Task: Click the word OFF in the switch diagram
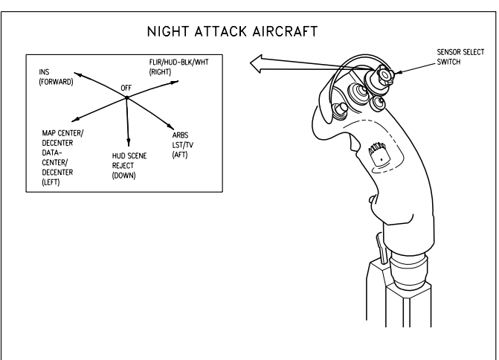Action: click(126, 88)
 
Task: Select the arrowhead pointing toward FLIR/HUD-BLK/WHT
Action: click(175, 82)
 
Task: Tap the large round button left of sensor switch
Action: click(359, 91)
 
